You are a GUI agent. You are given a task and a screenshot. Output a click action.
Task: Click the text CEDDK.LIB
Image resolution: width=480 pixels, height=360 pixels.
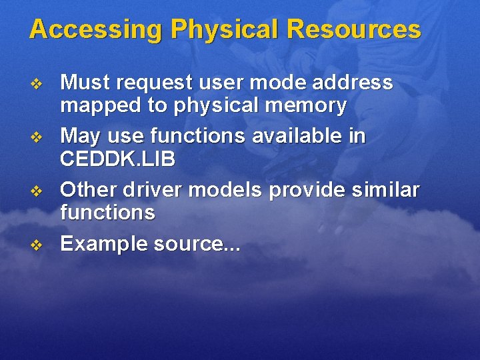[118, 160]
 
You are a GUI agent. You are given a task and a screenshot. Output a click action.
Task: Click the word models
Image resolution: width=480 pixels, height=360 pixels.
[227, 190]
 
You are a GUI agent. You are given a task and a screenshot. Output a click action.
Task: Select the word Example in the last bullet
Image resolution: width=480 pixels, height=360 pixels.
[103, 244]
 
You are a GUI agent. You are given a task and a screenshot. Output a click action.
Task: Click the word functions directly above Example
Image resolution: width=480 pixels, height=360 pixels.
[107, 213]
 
